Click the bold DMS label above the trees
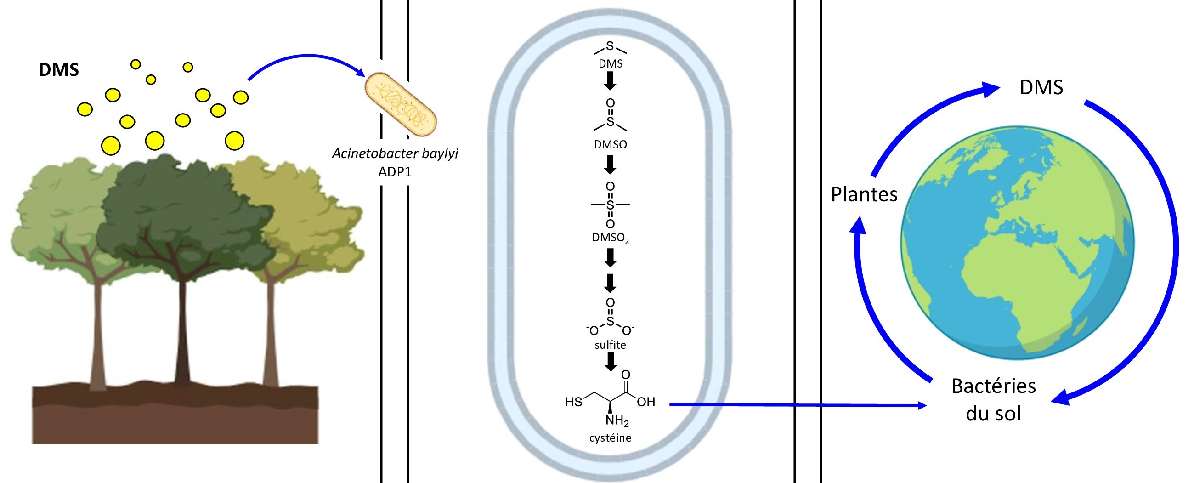coord(59,69)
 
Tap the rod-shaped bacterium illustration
coord(401,104)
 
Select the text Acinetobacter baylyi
coord(395,153)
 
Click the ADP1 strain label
coord(395,172)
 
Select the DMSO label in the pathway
coord(610,145)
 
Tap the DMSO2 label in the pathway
coord(611,238)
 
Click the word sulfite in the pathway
coord(610,345)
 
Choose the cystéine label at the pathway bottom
coord(610,438)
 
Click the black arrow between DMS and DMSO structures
coord(611,82)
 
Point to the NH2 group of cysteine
coord(617,421)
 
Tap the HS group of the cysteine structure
coord(573,401)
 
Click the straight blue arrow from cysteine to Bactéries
coord(797,405)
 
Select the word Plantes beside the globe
coord(864,194)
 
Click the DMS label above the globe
coord(1041,87)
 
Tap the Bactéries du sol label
coord(993,399)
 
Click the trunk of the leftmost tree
coord(98,334)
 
